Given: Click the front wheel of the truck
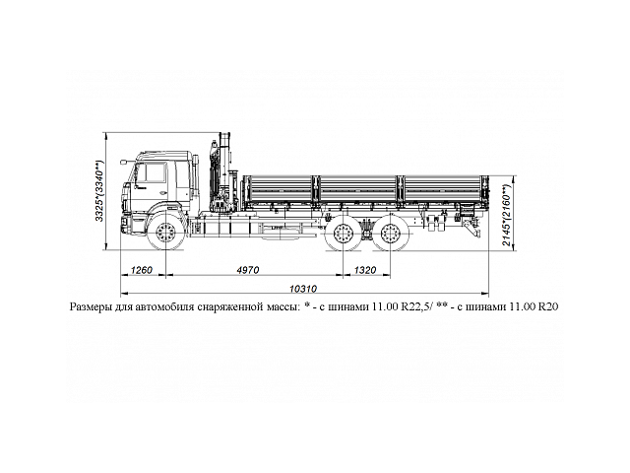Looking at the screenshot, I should click(165, 234).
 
